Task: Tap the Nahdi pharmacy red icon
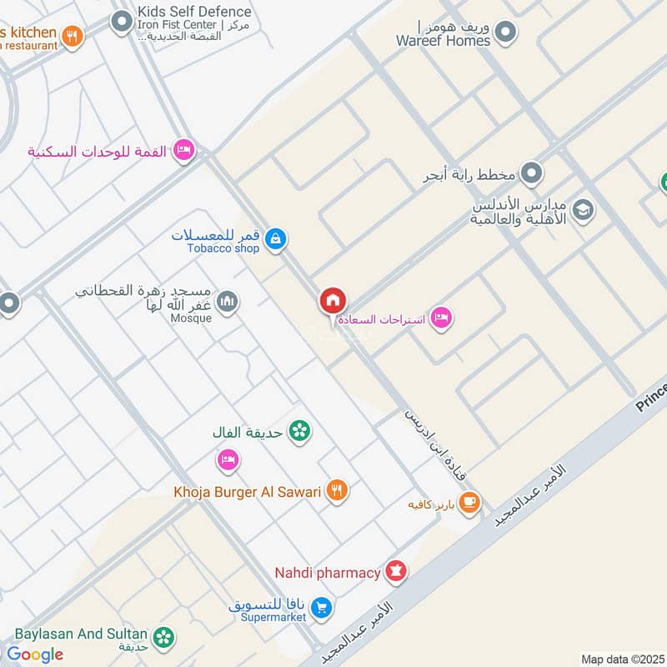click(x=396, y=572)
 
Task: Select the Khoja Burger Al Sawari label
click(x=248, y=492)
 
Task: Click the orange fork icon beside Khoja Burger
click(x=337, y=491)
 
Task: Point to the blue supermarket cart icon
click(x=323, y=608)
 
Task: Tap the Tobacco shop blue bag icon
click(x=276, y=240)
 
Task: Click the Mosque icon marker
click(x=228, y=301)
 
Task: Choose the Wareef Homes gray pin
click(x=504, y=33)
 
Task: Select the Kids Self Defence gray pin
click(x=123, y=20)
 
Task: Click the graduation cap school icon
click(x=583, y=210)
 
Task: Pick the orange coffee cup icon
click(x=469, y=501)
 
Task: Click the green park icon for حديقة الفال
click(x=298, y=431)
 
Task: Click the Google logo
click(x=35, y=654)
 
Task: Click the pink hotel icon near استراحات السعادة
click(x=441, y=318)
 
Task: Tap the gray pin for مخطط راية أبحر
click(x=530, y=174)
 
